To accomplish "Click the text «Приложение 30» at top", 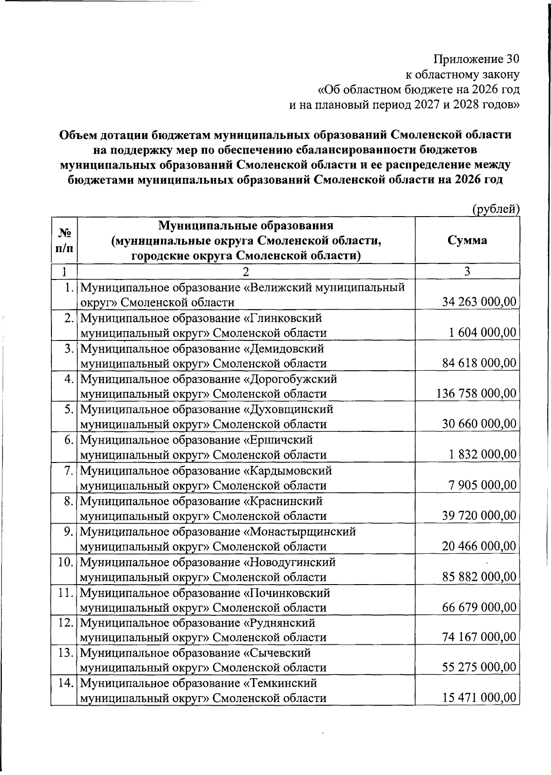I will [x=477, y=59].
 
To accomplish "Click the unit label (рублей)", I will [x=496, y=209].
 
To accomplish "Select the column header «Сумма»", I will [x=467, y=240].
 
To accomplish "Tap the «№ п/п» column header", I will [x=64, y=240].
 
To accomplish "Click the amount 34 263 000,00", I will [x=479, y=302].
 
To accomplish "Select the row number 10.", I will [x=66, y=562].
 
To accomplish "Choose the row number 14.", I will [x=66, y=683].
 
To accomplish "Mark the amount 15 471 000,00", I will [x=479, y=698].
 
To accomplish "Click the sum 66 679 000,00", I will [x=479, y=608].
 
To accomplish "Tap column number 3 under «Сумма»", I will [x=467, y=271].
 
